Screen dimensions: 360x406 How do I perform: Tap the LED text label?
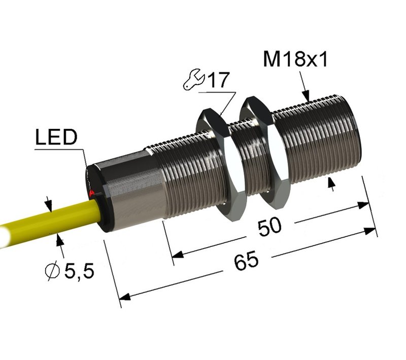point(56,137)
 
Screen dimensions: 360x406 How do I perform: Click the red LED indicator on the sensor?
point(91,194)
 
